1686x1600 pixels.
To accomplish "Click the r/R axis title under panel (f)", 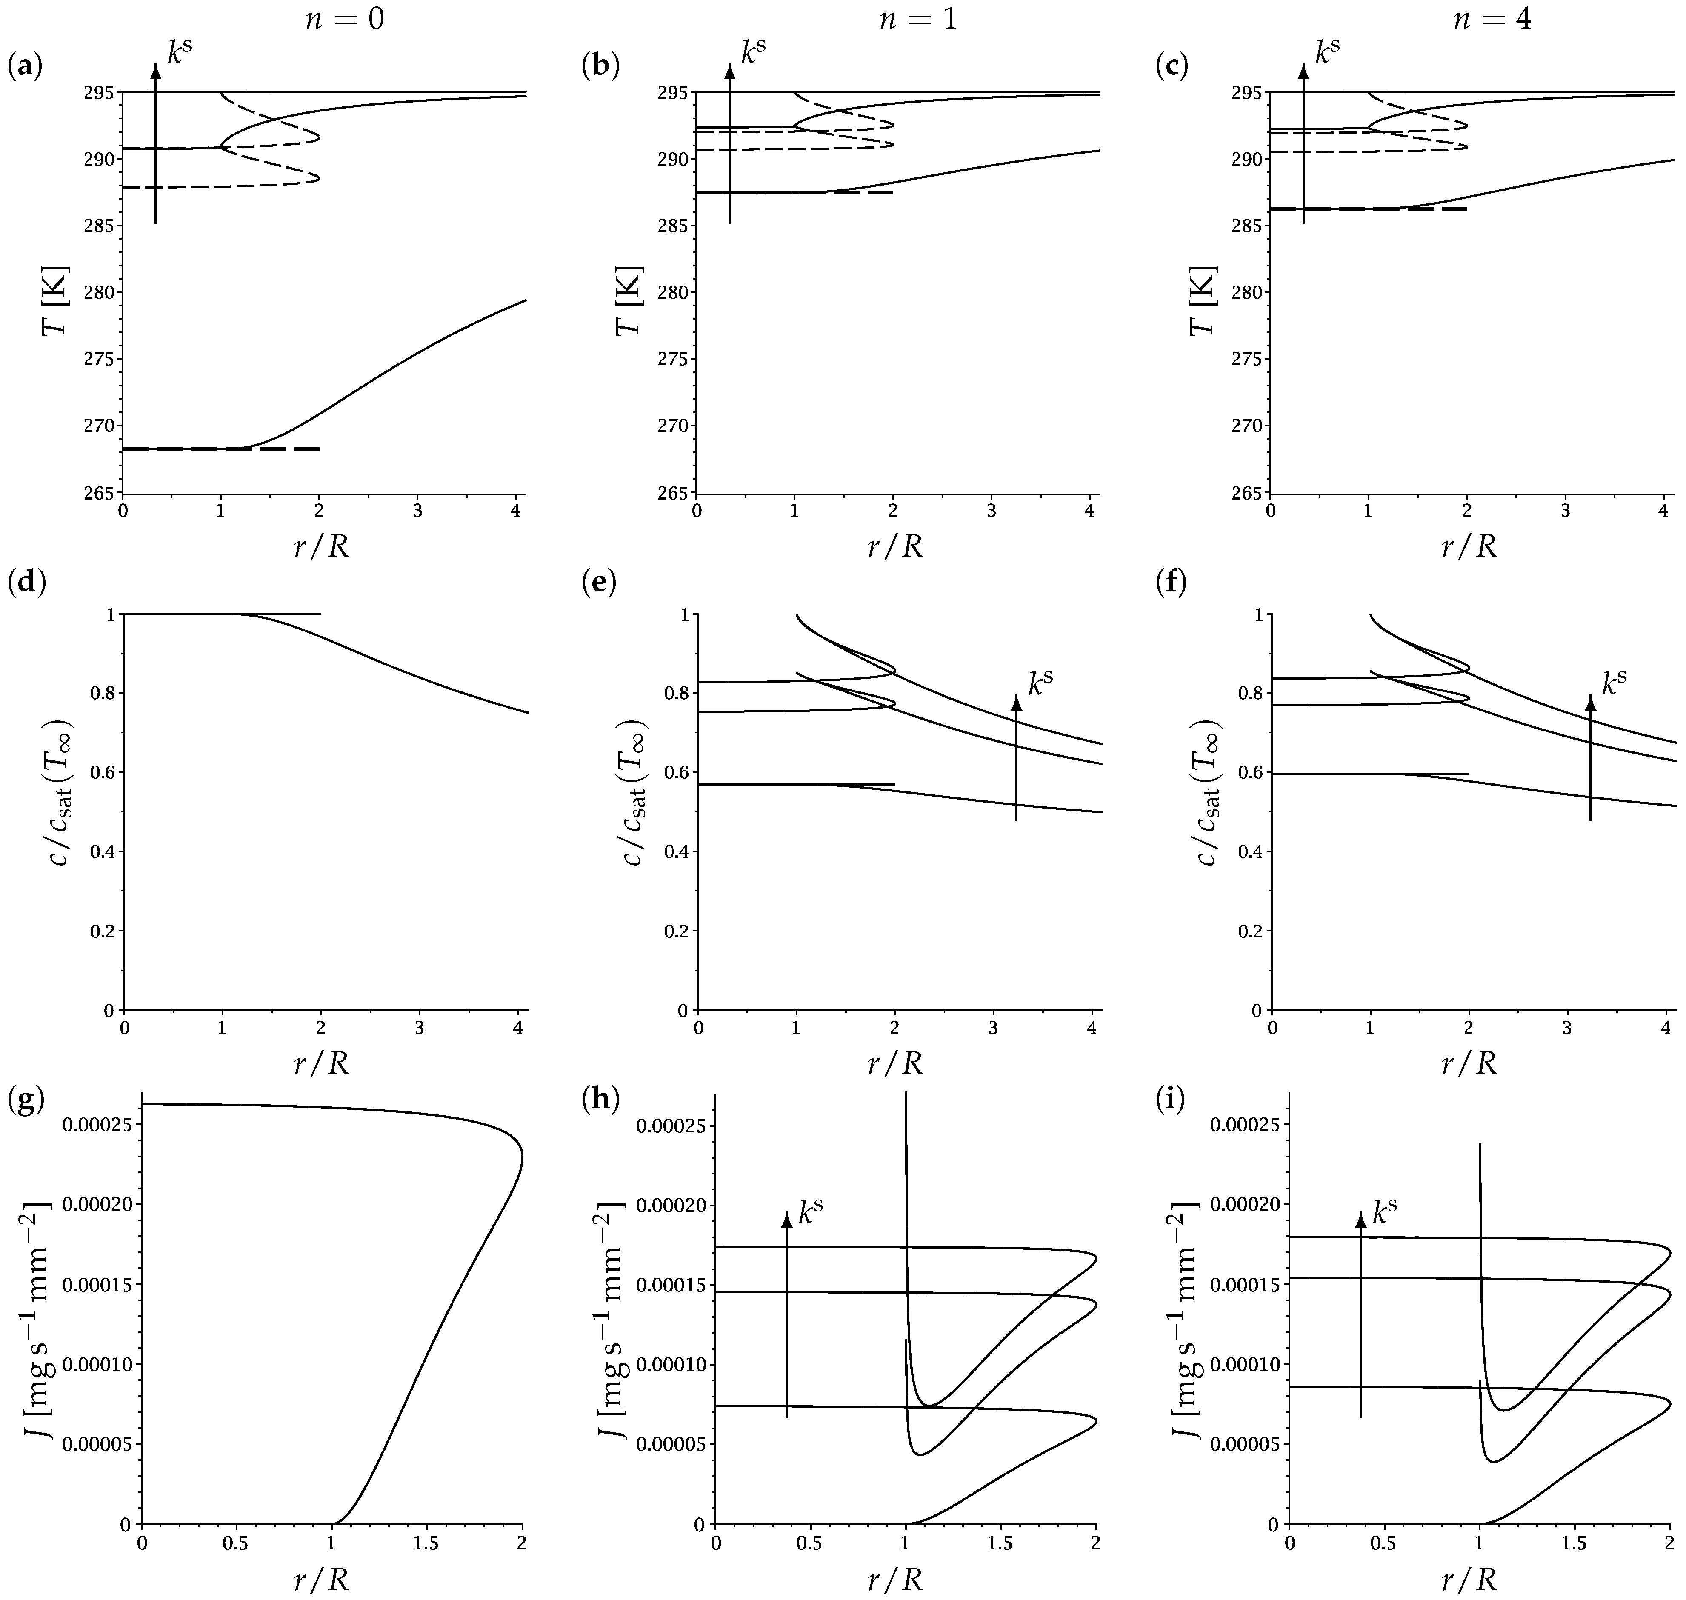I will (1469, 1063).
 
